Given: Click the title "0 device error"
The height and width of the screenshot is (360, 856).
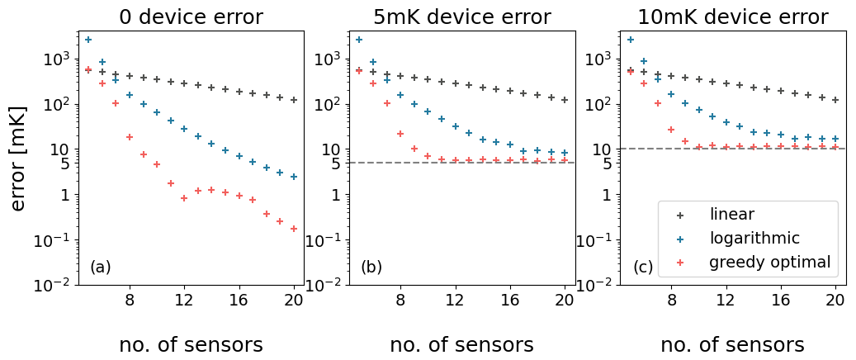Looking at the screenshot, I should pyautogui.click(x=191, y=17).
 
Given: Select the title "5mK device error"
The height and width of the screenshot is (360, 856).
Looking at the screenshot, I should pyautogui.click(x=461, y=17).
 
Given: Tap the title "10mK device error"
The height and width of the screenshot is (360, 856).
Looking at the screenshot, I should pyautogui.click(x=732, y=17).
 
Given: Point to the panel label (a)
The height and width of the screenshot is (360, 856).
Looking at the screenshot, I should pyautogui.click(x=100, y=268).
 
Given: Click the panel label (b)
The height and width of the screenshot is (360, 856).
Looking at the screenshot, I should pyautogui.click(x=371, y=268).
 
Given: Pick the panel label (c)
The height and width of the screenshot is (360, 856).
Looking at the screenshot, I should pyautogui.click(x=643, y=268).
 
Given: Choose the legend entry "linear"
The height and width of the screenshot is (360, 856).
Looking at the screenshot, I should pyautogui.click(x=731, y=215).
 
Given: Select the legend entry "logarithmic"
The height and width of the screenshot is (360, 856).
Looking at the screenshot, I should pyautogui.click(x=754, y=239).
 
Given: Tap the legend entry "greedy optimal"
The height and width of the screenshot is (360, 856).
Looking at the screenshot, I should pyautogui.click(x=769, y=263).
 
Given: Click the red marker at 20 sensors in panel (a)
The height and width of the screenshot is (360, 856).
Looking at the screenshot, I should pyautogui.click(x=294, y=229).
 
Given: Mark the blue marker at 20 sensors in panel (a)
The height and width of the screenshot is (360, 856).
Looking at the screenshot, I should pyautogui.click(x=294, y=177).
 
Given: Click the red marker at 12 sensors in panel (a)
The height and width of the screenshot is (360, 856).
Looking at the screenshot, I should pyautogui.click(x=184, y=198).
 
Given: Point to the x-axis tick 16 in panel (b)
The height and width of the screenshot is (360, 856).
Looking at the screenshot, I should pyautogui.click(x=509, y=301).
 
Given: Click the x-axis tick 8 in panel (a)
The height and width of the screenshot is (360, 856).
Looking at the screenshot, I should pyautogui.click(x=130, y=301).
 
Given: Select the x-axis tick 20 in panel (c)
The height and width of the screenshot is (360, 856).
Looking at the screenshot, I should pyautogui.click(x=835, y=301).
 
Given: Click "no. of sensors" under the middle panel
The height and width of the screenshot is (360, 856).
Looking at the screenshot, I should pyautogui.click(x=461, y=344).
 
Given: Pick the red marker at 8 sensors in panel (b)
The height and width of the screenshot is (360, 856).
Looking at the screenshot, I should pyautogui.click(x=400, y=134).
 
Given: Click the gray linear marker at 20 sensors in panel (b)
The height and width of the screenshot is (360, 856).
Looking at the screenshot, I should pyautogui.click(x=565, y=100).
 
